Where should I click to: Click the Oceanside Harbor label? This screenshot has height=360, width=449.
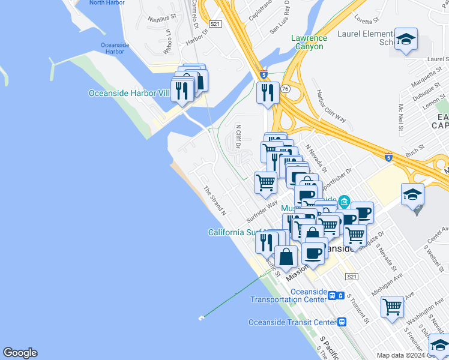tap(112, 48)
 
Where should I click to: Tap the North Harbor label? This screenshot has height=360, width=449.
tap(106, 3)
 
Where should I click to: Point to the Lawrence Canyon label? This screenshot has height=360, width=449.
tap(308, 42)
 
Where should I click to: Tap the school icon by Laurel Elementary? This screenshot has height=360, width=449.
tap(406, 40)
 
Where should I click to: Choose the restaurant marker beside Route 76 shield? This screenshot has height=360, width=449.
tap(267, 92)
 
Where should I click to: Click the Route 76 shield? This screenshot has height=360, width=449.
tap(286, 88)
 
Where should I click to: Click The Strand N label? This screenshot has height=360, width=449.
tap(214, 200)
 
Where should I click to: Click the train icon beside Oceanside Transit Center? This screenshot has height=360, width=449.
tap(342, 322)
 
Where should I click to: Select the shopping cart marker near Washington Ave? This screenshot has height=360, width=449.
tap(392, 307)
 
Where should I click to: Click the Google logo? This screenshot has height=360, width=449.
tap(20, 353)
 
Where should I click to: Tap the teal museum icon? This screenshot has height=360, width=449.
tap(343, 200)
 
